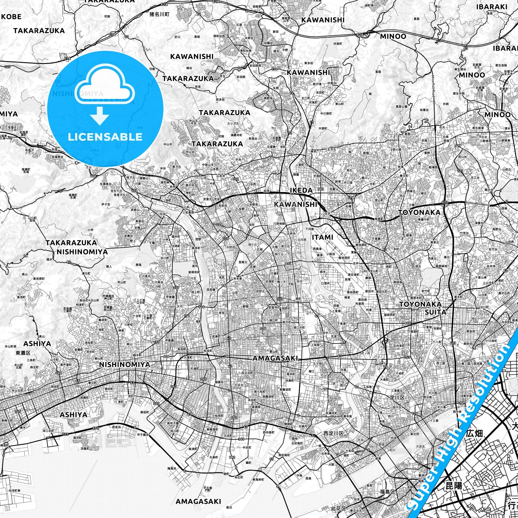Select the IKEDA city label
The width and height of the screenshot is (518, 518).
301,190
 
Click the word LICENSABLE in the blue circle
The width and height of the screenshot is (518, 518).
105,137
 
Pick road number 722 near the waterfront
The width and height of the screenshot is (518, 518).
65,434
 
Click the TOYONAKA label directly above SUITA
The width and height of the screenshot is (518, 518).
420,304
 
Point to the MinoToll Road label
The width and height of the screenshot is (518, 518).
433,86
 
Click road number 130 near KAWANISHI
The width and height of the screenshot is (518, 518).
274,69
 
